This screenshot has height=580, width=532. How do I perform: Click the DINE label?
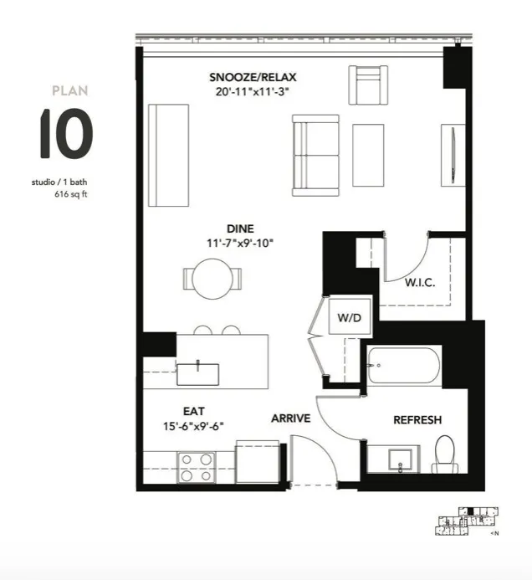pos(240,228)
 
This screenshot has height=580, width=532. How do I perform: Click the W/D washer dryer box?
pos(348,318)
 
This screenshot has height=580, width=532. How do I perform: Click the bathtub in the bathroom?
pos(402,366)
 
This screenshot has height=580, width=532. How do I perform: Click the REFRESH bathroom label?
pos(417,420)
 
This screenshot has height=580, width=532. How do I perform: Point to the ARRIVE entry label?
pos(290,418)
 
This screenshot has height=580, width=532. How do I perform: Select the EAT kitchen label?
pos(195,411)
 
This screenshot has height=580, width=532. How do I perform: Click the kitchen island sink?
pos(198,371)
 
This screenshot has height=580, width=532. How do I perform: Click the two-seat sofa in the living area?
pos(315,156)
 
